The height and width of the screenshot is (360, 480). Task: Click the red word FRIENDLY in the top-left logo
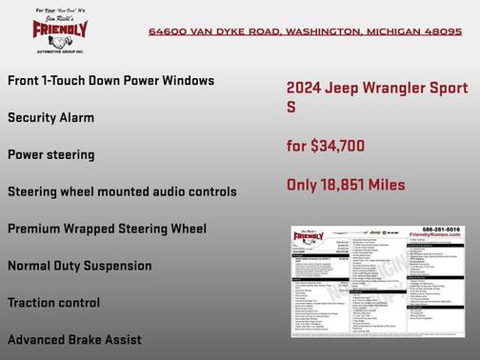[59, 28]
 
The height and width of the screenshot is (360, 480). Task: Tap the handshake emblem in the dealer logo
[59, 41]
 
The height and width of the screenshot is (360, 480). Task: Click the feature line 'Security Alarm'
[51, 118]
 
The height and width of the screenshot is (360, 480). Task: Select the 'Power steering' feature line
[51, 154]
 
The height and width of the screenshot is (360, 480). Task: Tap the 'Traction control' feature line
[53, 303]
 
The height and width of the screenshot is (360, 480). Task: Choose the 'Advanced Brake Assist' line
[74, 339]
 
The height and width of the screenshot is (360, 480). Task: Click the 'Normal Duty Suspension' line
[79, 266]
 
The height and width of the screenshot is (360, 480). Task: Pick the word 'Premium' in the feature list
[36, 229]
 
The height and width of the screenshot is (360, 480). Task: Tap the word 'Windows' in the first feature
[187, 81]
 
